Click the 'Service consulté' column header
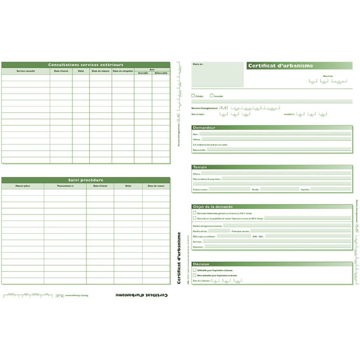click(26, 71)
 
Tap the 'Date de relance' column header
click(100, 71)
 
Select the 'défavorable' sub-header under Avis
click(161, 73)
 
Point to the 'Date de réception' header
click(123, 71)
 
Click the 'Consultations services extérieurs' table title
click(85, 65)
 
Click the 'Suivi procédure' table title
click(85, 180)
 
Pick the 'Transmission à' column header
click(65, 186)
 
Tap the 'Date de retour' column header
click(156, 186)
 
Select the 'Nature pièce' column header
click(22, 186)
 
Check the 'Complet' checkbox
click(193, 96)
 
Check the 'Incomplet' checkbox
click(211, 96)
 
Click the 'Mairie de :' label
click(198, 64)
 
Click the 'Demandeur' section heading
click(204, 128)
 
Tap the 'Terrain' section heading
click(200, 167)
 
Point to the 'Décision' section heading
click(201, 264)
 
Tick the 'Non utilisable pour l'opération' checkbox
click(194, 275)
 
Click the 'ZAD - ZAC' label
click(258, 236)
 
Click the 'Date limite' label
click(328, 76)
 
